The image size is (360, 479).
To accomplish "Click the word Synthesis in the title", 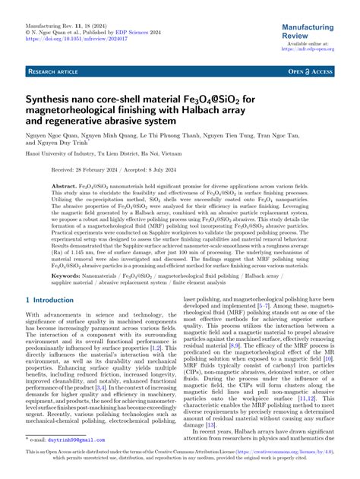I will [x=51, y=99].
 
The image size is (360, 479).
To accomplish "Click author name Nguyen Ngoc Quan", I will [x=55, y=142].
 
